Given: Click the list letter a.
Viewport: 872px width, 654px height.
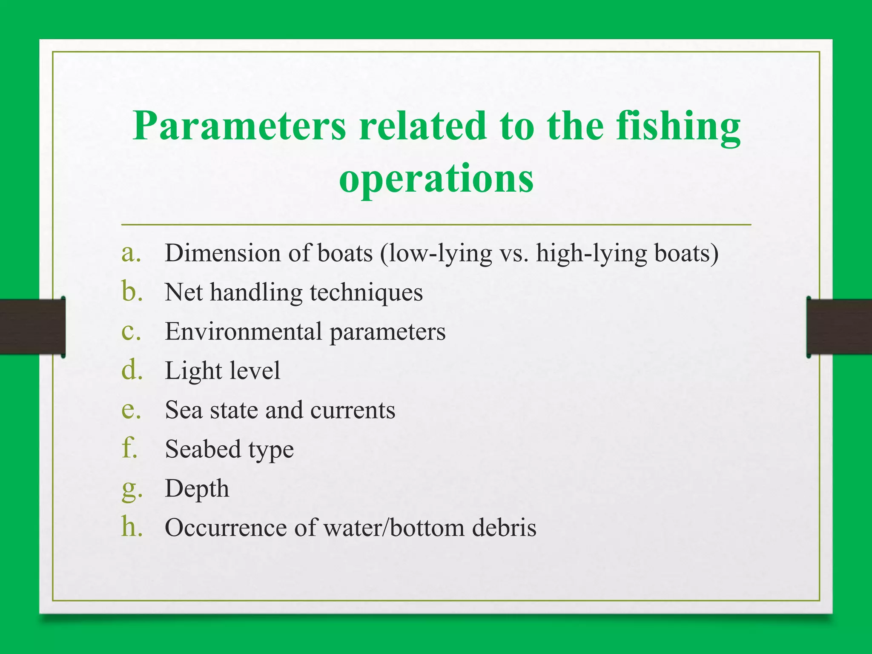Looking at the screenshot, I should (x=130, y=253).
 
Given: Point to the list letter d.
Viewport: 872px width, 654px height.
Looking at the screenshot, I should (x=131, y=370).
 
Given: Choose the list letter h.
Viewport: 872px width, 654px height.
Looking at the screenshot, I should (x=131, y=527).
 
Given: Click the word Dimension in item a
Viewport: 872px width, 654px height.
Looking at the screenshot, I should (x=223, y=253).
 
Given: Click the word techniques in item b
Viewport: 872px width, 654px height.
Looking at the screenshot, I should (x=366, y=293).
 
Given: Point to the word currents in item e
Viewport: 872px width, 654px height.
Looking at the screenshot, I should (x=353, y=410).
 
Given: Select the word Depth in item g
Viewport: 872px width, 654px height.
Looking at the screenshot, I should (x=197, y=489).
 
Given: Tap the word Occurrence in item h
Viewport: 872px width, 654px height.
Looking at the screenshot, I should (x=226, y=528).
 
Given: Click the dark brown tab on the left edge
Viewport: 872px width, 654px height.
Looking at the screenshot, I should (x=32, y=327).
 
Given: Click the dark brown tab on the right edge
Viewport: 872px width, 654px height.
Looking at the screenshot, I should (x=839, y=327).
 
